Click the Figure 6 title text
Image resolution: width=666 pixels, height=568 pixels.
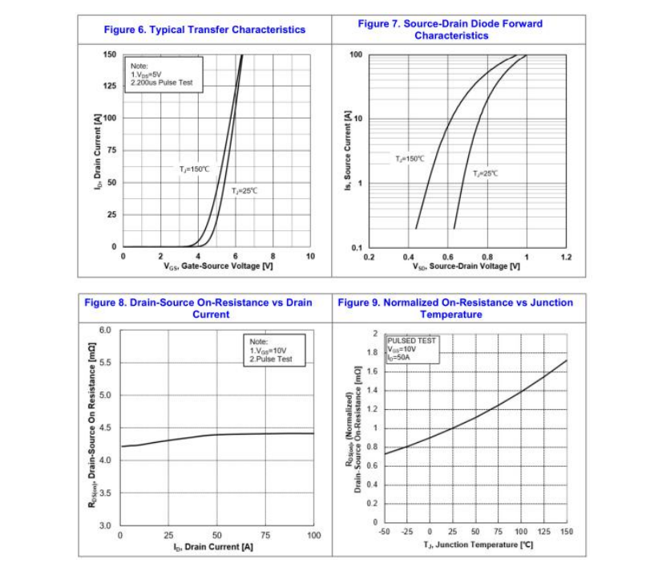click(x=204, y=30)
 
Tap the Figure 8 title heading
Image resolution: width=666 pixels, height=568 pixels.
click(x=199, y=308)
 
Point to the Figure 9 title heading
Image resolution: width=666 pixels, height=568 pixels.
click(x=455, y=308)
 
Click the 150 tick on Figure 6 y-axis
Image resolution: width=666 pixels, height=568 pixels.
click(x=110, y=54)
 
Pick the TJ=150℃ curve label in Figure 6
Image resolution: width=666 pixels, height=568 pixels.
click(x=194, y=169)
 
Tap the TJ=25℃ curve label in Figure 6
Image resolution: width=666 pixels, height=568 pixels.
click(x=245, y=190)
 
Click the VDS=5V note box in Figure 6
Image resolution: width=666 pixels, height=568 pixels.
click(x=162, y=74)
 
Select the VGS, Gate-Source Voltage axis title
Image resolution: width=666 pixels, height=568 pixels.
click(x=218, y=266)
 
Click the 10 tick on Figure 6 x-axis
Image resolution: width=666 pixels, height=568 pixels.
click(x=310, y=256)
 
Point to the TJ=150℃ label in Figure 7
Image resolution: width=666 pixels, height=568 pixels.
click(x=410, y=159)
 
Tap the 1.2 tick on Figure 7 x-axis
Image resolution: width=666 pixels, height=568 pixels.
click(x=566, y=257)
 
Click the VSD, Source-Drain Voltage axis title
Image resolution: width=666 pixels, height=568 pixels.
click(x=466, y=266)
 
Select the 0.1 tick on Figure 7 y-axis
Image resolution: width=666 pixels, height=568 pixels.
click(x=357, y=247)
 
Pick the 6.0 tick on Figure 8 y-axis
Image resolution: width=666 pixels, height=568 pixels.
click(x=105, y=330)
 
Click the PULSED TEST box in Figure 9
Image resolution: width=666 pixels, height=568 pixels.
click(x=413, y=349)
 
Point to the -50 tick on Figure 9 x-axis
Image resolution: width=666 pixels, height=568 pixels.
click(x=385, y=532)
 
